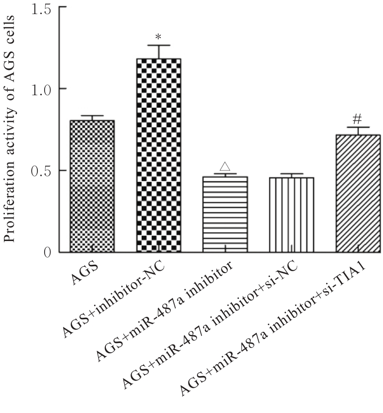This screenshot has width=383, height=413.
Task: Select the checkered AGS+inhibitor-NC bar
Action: (x=159, y=155)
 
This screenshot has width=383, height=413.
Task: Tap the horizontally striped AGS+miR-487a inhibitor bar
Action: (x=225, y=214)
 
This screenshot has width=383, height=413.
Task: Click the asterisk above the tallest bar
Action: (x=159, y=37)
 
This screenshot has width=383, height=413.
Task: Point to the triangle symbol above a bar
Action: (x=225, y=166)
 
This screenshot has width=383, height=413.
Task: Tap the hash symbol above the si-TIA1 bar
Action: (x=358, y=119)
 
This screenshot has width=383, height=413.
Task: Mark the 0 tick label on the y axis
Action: (x=47, y=252)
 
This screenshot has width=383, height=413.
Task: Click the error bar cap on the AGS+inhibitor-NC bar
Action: (x=159, y=45)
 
